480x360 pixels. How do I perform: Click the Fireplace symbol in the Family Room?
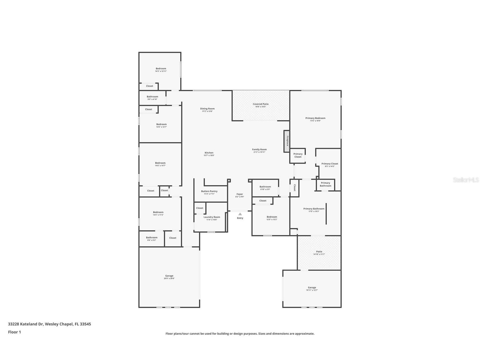click(x=287, y=141)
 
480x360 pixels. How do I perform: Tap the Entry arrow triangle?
click(x=240, y=214)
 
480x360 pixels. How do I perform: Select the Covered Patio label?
click(x=261, y=104)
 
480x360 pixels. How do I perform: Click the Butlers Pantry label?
click(x=209, y=191)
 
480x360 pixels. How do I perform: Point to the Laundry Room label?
click(x=212, y=217)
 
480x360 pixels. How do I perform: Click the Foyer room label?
click(x=240, y=194)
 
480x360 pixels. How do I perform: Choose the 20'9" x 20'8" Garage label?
click(x=169, y=276)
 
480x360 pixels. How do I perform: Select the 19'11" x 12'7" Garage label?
click(x=312, y=288)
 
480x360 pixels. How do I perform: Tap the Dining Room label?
click(x=207, y=109)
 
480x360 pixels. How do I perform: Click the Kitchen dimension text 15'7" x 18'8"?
click(x=209, y=155)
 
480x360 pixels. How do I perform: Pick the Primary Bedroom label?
click(x=315, y=118)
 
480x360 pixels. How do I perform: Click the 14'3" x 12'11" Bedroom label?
click(x=161, y=68)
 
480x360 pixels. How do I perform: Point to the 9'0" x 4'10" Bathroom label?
click(x=152, y=97)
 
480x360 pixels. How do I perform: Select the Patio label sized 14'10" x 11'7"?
click(x=319, y=252)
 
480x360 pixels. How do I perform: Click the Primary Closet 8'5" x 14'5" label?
click(x=330, y=164)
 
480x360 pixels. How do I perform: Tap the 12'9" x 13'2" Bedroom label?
click(x=272, y=217)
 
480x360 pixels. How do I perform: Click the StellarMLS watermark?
click(x=466, y=180)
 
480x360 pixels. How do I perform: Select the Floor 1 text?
click(x=14, y=332)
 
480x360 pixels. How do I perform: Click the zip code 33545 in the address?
click(x=85, y=324)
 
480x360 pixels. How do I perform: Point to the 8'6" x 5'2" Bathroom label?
click(x=152, y=238)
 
